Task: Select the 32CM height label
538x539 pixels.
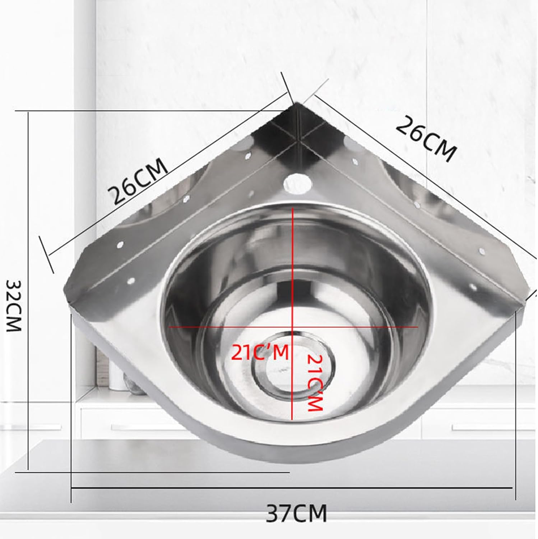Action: pos(14,306)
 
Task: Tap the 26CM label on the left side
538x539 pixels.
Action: pos(138,181)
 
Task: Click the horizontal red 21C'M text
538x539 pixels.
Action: pos(260,353)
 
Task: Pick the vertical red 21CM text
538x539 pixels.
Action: pos(315,383)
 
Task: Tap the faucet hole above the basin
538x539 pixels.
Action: pos(297,183)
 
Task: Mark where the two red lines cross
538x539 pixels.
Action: pos(293,327)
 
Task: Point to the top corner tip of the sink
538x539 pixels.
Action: pos(297,104)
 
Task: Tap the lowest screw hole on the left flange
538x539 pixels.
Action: pos(131,280)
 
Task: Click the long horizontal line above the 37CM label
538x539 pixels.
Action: pos(291,488)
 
